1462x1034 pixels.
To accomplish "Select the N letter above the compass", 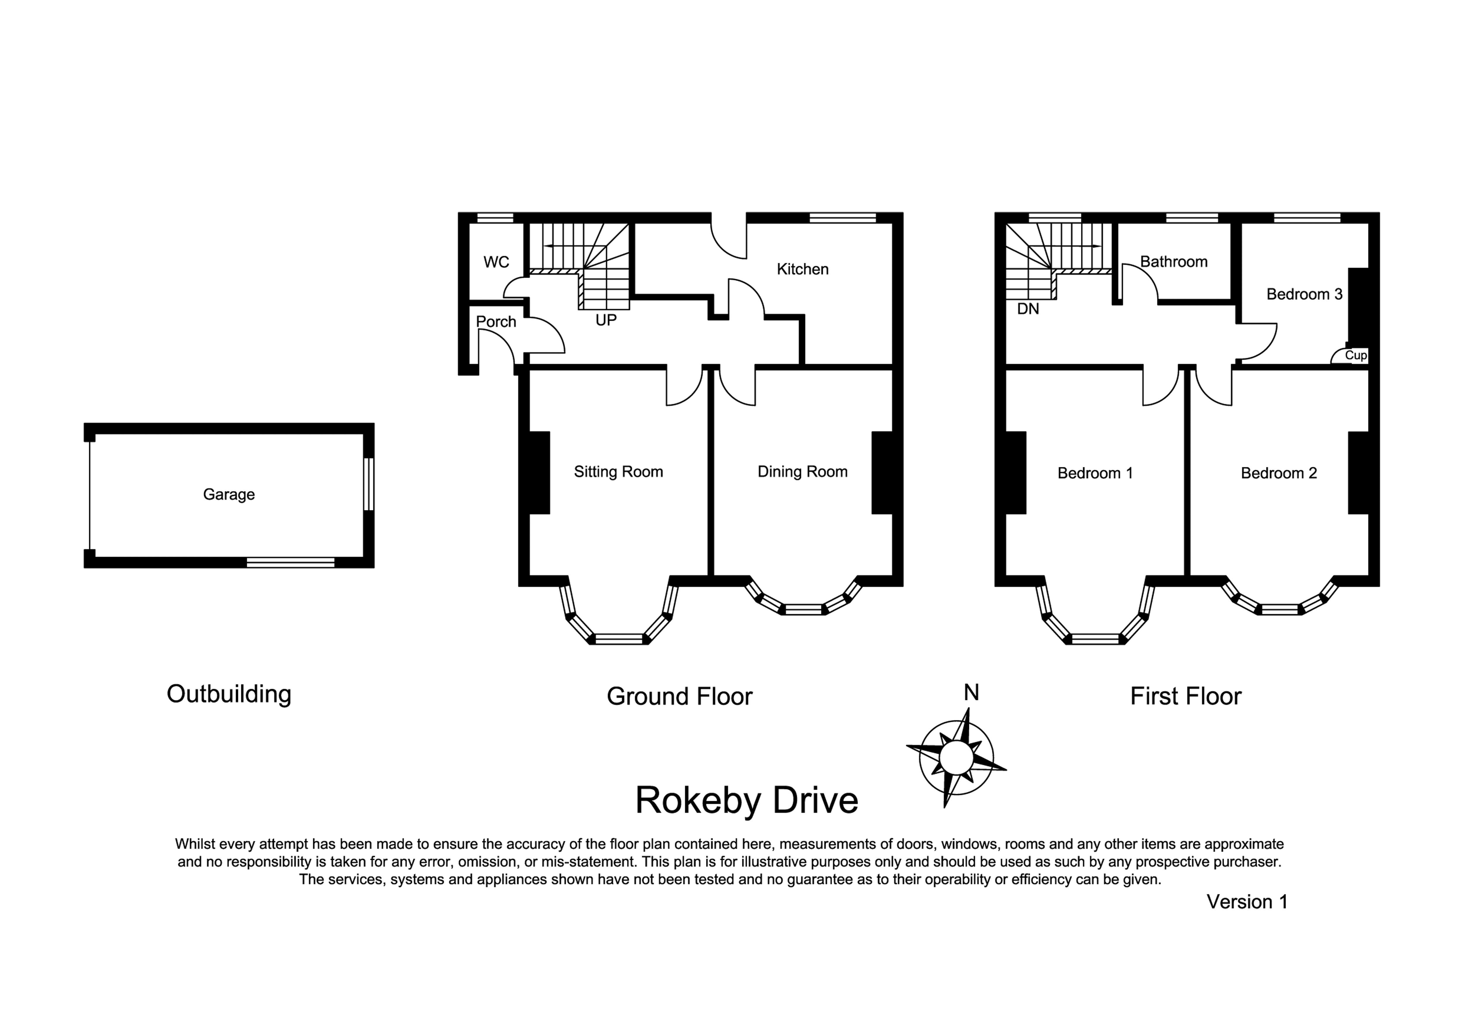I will [x=971, y=693].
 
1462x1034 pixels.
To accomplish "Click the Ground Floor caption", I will [x=680, y=696].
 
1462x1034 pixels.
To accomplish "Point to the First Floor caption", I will [x=1186, y=696].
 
